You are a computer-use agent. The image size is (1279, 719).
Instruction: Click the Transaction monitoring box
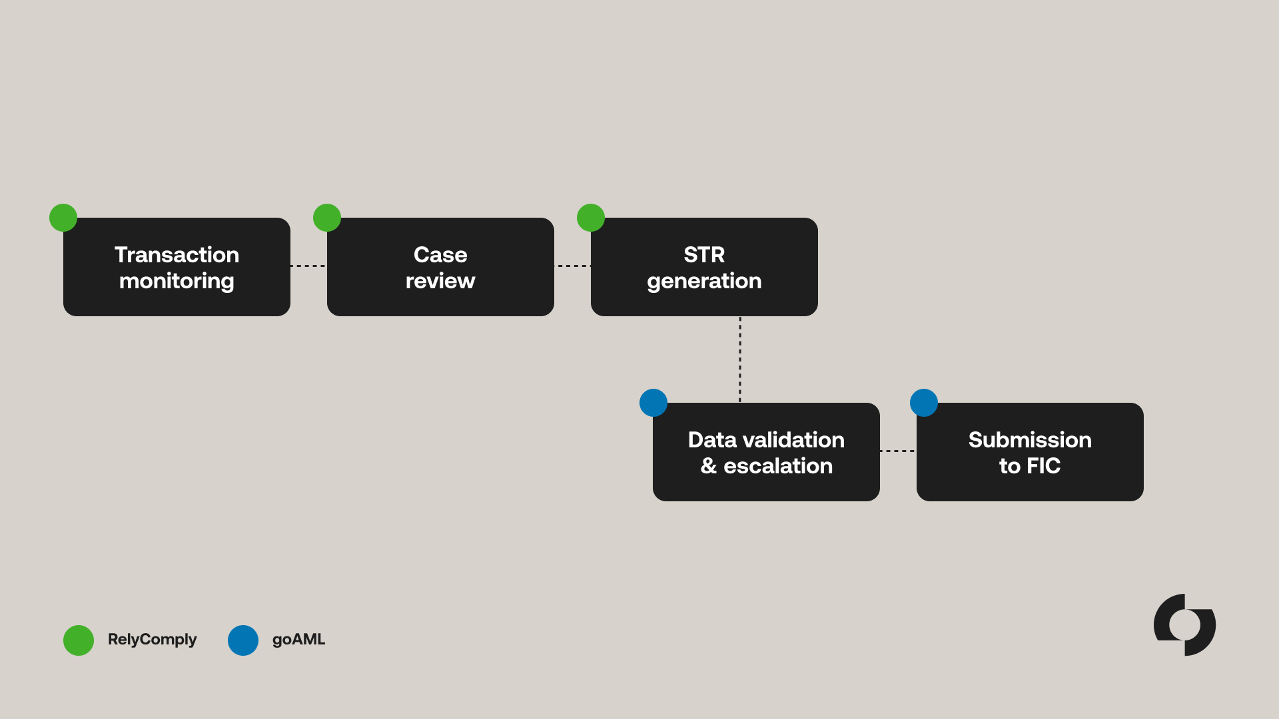pyautogui.click(x=177, y=267)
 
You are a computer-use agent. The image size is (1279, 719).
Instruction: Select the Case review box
pyautogui.click(x=440, y=267)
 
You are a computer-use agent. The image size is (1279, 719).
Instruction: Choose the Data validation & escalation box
pyautogui.click(x=766, y=452)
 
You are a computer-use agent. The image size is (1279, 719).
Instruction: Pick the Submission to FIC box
pyautogui.click(x=1030, y=452)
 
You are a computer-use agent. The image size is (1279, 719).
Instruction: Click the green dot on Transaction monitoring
pyautogui.click(x=63, y=218)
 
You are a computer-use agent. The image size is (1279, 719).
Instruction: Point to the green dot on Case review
pyautogui.click(x=327, y=218)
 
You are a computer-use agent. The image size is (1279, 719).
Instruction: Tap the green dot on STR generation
pyautogui.click(x=591, y=218)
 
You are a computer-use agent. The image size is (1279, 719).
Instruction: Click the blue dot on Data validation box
pyautogui.click(x=653, y=403)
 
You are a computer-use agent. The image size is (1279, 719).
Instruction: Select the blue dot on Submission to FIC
pyautogui.click(x=924, y=403)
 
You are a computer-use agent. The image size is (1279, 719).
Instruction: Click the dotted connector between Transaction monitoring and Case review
pyautogui.click(x=308, y=266)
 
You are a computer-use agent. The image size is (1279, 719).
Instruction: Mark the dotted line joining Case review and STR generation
pyautogui.click(x=572, y=266)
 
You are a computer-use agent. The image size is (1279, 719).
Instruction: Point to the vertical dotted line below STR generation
pyautogui.click(x=740, y=359)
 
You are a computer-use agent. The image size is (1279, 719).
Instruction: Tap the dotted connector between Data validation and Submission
pyautogui.click(x=898, y=451)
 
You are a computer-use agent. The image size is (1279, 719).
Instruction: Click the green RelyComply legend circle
pyautogui.click(x=79, y=640)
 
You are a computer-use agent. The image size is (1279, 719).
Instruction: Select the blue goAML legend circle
pyautogui.click(x=243, y=640)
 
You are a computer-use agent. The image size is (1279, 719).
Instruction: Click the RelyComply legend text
pyautogui.click(x=152, y=640)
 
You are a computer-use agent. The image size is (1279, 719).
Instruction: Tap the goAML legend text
pyautogui.click(x=298, y=640)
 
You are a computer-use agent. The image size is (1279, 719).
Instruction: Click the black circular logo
pyautogui.click(x=1184, y=625)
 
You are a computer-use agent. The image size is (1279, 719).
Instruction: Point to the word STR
pyautogui.click(x=704, y=255)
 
